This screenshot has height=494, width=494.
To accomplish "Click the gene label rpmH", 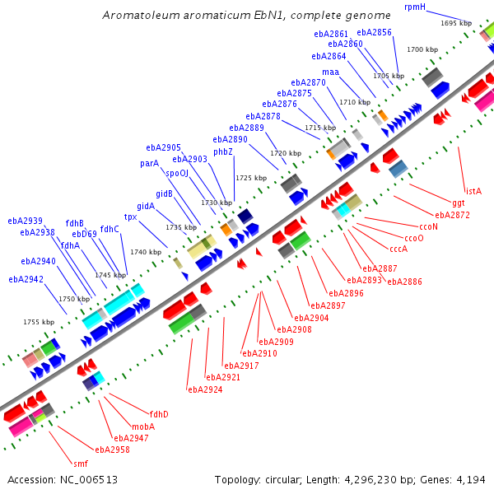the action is click(x=415, y=7).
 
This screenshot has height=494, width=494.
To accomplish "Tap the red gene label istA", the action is click(x=473, y=191).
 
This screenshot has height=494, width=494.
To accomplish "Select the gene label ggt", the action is click(x=459, y=203).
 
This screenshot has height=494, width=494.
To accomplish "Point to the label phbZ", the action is click(x=223, y=151).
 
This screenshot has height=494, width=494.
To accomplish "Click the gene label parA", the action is click(x=149, y=163).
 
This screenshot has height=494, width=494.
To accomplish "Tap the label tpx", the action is click(x=130, y=217).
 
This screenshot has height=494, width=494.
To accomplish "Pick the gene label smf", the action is click(x=81, y=464).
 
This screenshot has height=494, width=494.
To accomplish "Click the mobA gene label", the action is click(x=143, y=426).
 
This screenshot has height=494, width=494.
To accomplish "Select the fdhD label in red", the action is click(x=159, y=414).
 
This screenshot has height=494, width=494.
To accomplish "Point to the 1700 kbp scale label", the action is click(x=422, y=49).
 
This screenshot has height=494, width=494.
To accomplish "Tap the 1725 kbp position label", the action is click(x=251, y=178).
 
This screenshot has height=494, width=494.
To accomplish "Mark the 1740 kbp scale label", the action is click(x=146, y=252).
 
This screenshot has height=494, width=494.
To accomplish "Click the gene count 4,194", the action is click(x=471, y=479).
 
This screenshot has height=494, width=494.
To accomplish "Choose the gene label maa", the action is click(x=330, y=72).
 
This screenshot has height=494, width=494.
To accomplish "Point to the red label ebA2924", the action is click(x=205, y=389).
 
